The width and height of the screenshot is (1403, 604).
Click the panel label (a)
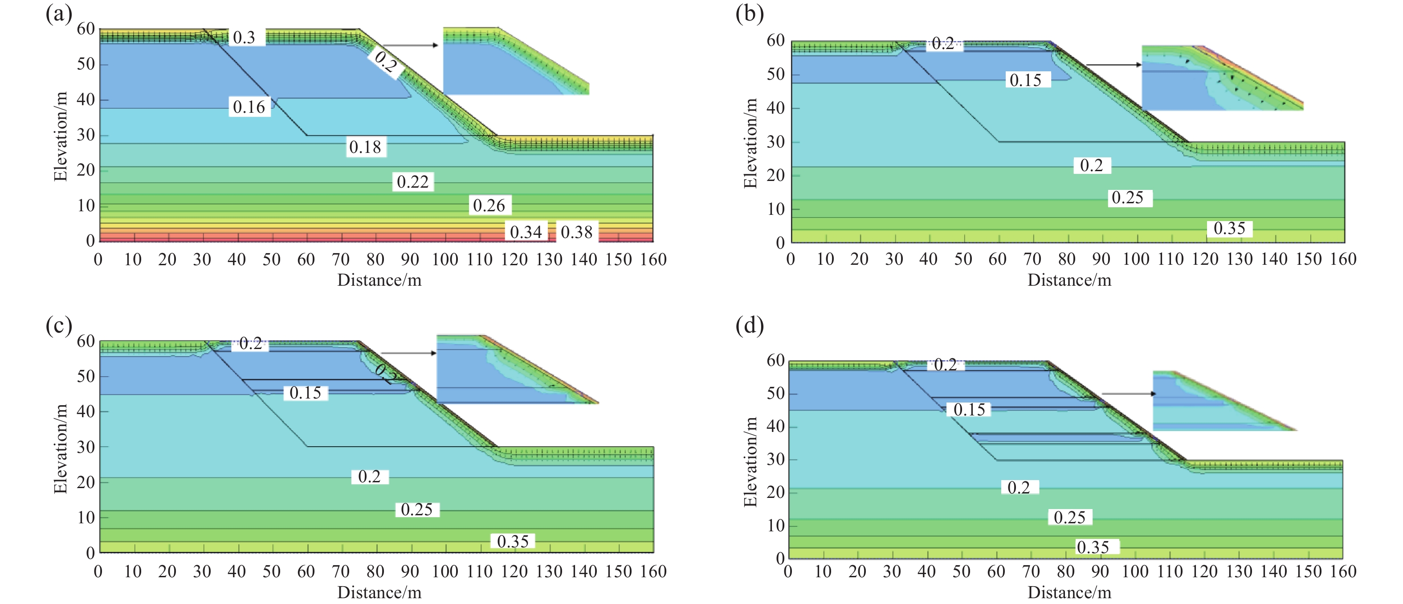59,14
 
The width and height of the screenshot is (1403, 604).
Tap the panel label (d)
750,326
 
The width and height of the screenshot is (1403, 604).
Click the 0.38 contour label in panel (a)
576,232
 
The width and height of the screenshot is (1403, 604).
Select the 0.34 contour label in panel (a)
526,232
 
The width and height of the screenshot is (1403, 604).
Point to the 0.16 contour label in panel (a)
249,107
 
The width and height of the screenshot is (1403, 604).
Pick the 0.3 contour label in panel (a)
244,37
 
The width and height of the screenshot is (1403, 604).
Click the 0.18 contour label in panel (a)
365,147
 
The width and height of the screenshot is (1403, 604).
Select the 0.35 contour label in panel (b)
1229,228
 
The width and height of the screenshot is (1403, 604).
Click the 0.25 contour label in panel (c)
416,509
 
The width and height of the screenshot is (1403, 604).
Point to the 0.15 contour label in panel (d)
969,409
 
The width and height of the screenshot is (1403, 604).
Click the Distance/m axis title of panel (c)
379,592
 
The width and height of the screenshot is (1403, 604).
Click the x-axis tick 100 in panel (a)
445,259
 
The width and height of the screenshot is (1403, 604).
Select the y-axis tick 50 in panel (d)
775,393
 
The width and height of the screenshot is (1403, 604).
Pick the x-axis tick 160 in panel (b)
1343,259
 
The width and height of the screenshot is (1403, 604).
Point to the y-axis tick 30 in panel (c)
86,447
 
